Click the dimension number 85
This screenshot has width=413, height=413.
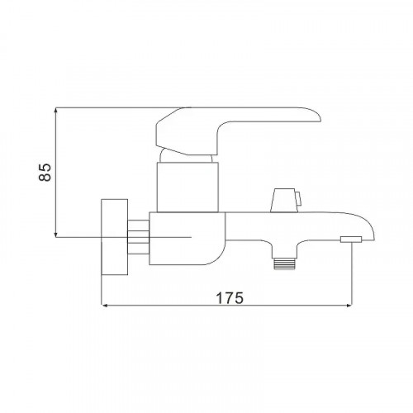pyautogui.click(x=45, y=172)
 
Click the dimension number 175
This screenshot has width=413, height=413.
pyautogui.click(x=230, y=298)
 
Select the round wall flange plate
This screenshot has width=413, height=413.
pyautogui.click(x=115, y=237)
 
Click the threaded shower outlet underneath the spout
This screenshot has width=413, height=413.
pyautogui.click(x=284, y=263)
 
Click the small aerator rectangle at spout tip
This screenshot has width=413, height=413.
pyautogui.click(x=351, y=240)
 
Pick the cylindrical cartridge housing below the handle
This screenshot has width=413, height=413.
pyautogui.click(x=188, y=188)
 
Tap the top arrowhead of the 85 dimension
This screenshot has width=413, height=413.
pyautogui.click(x=56, y=110)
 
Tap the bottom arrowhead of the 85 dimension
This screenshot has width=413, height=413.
pyautogui.click(x=56, y=235)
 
